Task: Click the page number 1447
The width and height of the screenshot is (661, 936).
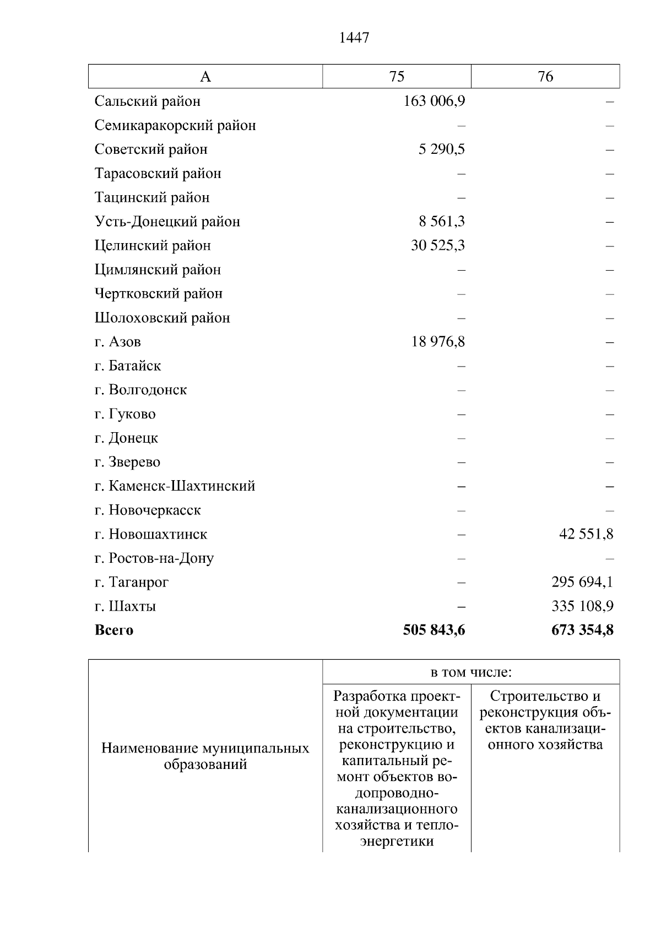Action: coord(355,38)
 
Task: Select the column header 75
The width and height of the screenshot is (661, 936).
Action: coord(397,77)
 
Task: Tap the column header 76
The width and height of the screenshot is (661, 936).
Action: coord(545,77)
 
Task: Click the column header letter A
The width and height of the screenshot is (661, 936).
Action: coord(205,77)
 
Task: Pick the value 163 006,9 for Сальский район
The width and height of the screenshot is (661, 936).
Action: coord(434,101)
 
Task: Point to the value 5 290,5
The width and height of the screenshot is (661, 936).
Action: coord(441,149)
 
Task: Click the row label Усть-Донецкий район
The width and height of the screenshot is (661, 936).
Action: coord(167,222)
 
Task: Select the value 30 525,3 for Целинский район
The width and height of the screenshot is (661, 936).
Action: coord(437,245)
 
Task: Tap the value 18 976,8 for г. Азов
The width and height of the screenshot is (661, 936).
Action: coord(437,342)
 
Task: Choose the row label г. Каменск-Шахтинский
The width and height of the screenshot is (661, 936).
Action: coord(175,486)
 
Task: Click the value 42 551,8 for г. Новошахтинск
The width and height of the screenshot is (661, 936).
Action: coord(586,534)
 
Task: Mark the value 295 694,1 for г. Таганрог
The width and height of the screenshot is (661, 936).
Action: coord(582,582)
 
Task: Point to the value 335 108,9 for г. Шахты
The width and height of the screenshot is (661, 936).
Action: coord(582,606)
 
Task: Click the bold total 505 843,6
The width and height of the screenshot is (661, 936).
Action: coord(434,630)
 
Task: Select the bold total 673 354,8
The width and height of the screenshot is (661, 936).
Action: coord(582,630)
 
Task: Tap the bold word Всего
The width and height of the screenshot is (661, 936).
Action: coord(114,630)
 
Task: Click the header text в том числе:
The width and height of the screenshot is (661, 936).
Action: coord(471,673)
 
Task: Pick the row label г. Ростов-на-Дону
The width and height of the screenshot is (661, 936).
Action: coord(154,558)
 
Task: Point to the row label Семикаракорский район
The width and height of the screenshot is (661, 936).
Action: coord(175,126)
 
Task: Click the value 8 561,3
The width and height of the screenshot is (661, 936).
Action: coord(441,222)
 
